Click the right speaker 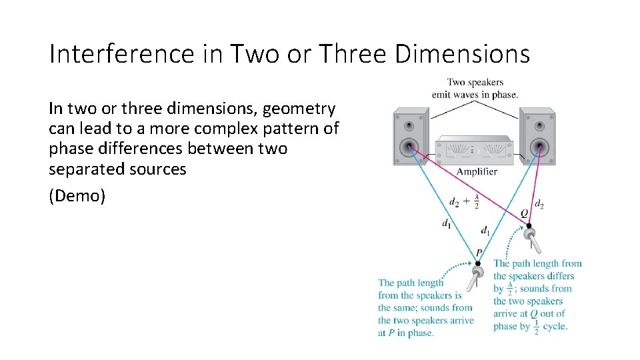537,136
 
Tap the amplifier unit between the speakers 474,150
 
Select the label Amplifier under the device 477,172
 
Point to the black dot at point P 477,264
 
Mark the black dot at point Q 529,226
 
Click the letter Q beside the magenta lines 525,213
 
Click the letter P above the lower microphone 478,253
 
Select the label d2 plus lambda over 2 464,202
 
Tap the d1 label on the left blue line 446,225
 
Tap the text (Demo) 77,197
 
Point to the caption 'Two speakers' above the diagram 475,83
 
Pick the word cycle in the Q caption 555,327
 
